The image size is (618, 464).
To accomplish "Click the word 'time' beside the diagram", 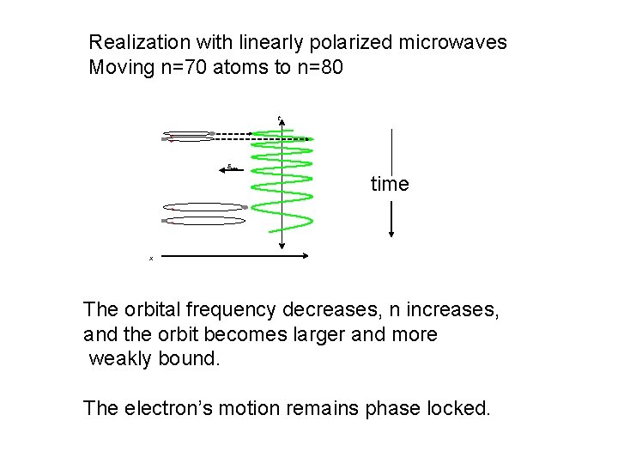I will pyautogui.click(x=390, y=184).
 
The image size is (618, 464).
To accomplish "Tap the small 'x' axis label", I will pyautogui.click(x=151, y=258).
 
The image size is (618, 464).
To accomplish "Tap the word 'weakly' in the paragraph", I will pyautogui.click(x=120, y=358).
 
